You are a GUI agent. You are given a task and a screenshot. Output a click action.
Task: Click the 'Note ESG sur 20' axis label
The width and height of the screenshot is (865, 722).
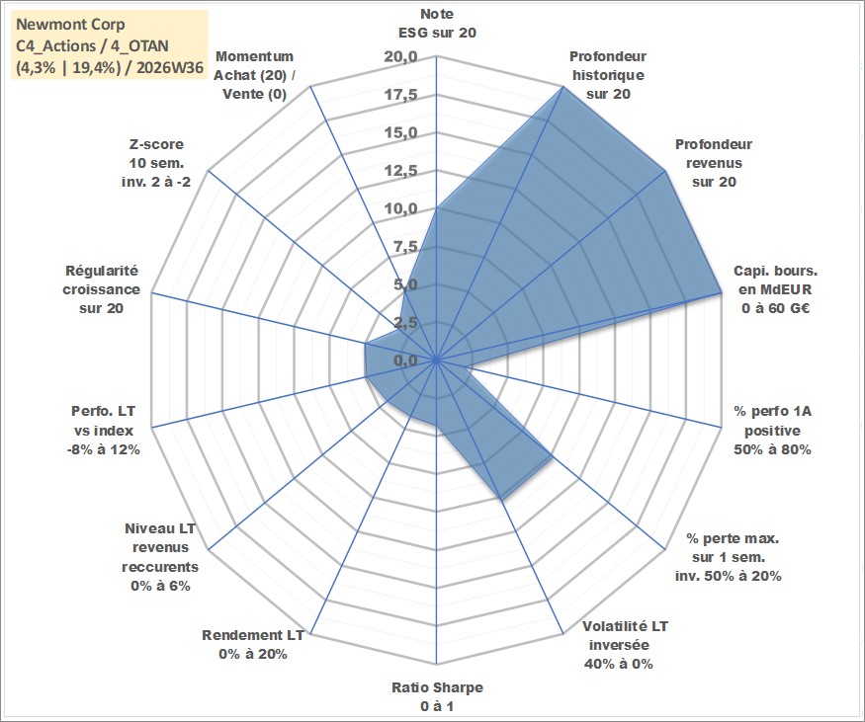click(437, 23)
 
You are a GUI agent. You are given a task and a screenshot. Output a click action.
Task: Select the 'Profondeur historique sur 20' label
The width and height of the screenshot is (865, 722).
click(608, 75)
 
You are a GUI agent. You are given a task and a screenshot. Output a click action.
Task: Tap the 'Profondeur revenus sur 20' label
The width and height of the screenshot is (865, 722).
click(714, 163)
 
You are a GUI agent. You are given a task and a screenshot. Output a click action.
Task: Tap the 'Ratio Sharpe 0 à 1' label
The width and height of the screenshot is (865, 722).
click(437, 696)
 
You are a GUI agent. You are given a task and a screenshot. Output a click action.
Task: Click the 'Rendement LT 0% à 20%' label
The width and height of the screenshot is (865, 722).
click(253, 644)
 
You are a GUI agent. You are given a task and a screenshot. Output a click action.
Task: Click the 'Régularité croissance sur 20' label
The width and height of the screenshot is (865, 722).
click(101, 289)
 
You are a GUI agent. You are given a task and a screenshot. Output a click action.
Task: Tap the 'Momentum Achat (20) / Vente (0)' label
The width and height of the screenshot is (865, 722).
click(254, 75)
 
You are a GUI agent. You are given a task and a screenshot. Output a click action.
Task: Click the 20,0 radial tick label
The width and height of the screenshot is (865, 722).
click(401, 56)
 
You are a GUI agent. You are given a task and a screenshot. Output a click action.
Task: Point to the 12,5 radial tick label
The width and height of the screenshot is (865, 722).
click(401, 170)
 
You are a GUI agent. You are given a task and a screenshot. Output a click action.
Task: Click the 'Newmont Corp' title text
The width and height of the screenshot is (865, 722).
click(70, 25)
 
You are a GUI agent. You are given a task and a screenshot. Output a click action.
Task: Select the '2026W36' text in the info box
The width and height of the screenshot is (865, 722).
click(170, 68)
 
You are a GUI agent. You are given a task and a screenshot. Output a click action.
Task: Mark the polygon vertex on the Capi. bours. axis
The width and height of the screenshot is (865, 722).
click(721, 292)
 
